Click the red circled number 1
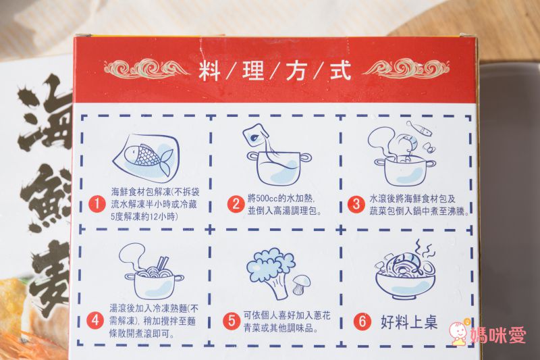click(99, 203)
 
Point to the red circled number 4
click(98, 317)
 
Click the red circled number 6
click(362, 322)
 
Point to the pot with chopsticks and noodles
click(153, 274)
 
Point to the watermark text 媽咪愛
click(501, 335)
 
